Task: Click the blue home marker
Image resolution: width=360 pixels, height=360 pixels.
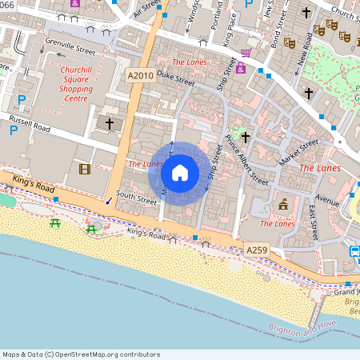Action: (x=180, y=172)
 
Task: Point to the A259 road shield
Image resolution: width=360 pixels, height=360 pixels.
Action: (x=257, y=250)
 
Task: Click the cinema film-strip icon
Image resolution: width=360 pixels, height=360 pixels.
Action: (x=85, y=168)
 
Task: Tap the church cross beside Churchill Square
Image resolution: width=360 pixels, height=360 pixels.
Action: (x=110, y=123)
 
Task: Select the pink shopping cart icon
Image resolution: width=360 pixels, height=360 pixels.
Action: (x=246, y=53)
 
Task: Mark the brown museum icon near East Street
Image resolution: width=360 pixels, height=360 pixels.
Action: (x=282, y=205)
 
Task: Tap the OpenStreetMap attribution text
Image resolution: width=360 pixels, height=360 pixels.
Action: (x=81, y=354)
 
